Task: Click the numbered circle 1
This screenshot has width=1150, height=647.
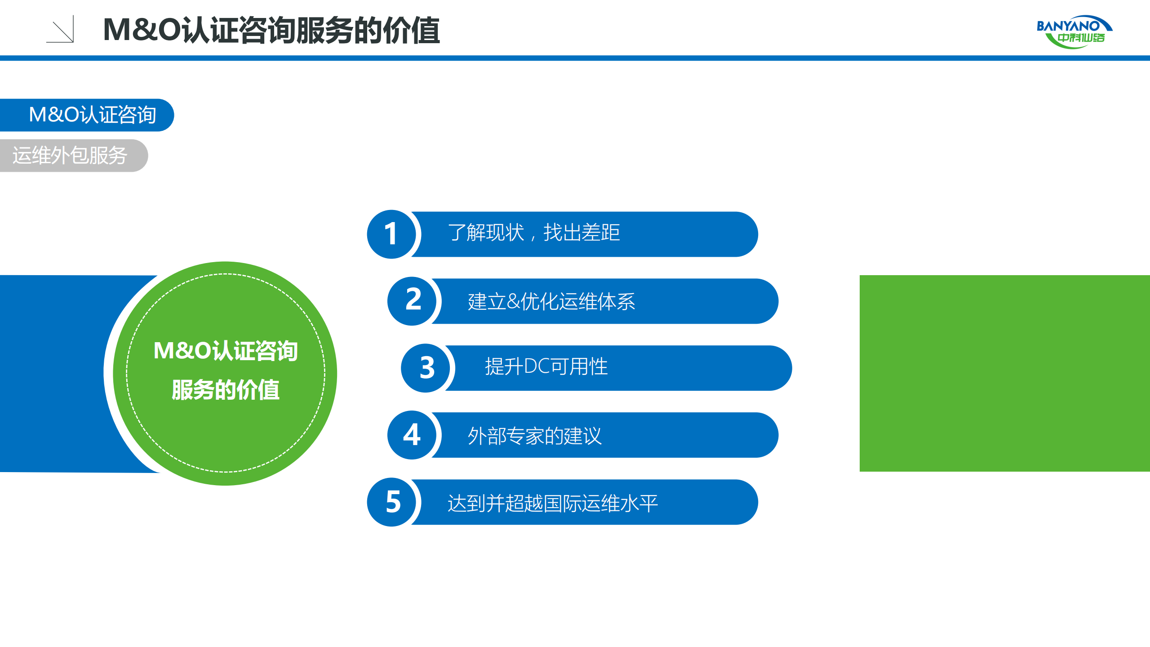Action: [x=391, y=234]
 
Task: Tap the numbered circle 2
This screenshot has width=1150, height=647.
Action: [x=412, y=301]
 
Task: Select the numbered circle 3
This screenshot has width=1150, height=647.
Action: [x=425, y=368]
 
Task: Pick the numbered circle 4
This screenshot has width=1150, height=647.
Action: [x=412, y=435]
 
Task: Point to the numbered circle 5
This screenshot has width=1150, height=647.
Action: [x=391, y=502]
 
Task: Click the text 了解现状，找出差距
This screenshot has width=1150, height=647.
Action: [x=534, y=233]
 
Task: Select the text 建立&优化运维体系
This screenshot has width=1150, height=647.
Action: [x=551, y=301]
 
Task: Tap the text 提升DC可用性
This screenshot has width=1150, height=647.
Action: [x=546, y=366]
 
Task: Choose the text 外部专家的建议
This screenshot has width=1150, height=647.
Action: [x=534, y=436]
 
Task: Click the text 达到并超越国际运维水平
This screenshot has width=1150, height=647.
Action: [x=552, y=503]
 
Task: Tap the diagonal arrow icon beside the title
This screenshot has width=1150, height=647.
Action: [x=60, y=30]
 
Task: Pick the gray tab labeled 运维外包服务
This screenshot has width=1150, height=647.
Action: [x=72, y=156]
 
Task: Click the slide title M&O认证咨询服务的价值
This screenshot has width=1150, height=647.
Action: [x=271, y=31]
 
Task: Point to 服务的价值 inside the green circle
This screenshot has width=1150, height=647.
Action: [x=226, y=389]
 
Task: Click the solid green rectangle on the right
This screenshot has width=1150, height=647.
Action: [x=1004, y=373]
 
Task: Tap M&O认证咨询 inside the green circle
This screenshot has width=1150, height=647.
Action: [x=226, y=351]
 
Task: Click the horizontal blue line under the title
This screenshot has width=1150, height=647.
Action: [x=575, y=58]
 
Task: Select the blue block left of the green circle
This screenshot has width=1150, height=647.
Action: [x=54, y=373]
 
